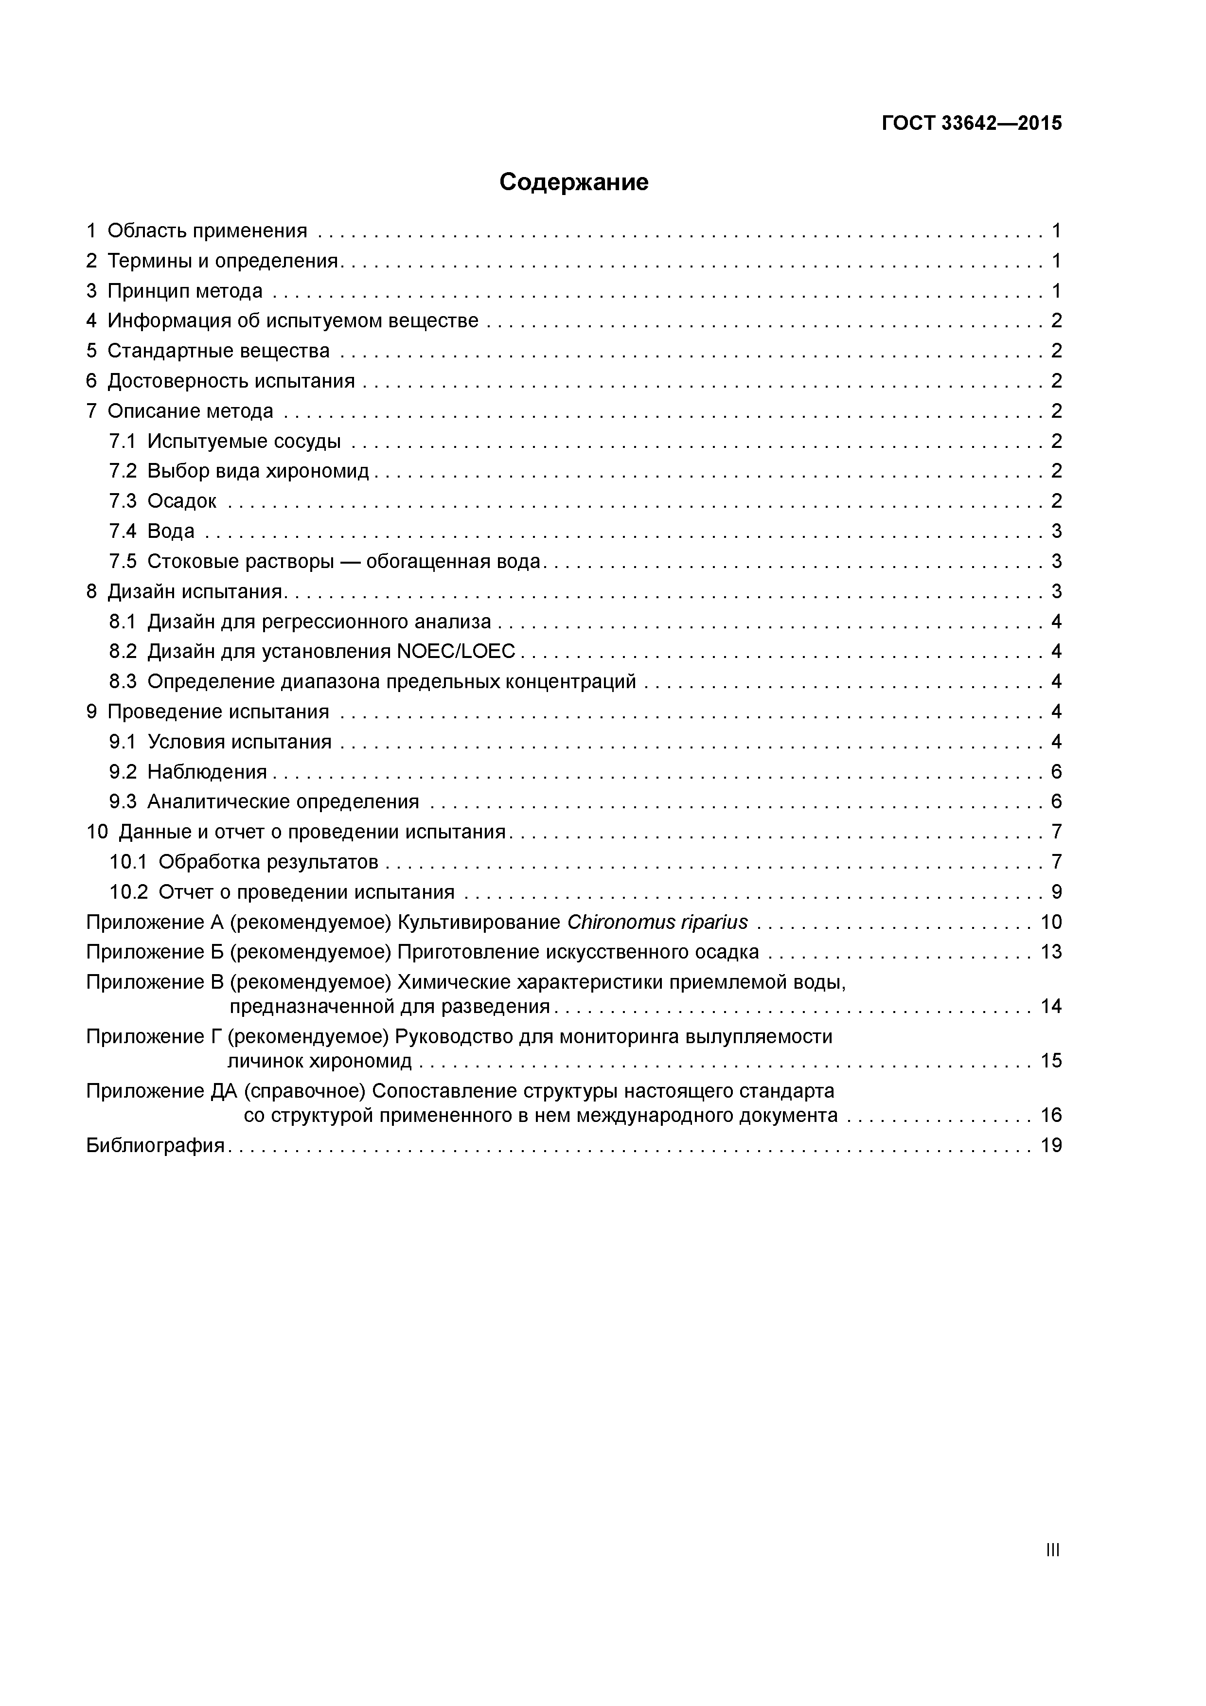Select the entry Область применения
[207, 231]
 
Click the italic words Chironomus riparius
[657, 922]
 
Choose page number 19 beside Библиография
[1051, 1145]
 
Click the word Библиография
[155, 1145]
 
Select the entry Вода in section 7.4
[171, 531]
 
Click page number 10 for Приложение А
[1051, 922]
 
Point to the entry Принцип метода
[184, 290]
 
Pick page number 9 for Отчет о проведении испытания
[1056, 891]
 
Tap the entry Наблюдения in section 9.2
[207, 772]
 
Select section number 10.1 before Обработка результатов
[128, 862]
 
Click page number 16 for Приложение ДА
[1051, 1115]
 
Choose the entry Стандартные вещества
[218, 351]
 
